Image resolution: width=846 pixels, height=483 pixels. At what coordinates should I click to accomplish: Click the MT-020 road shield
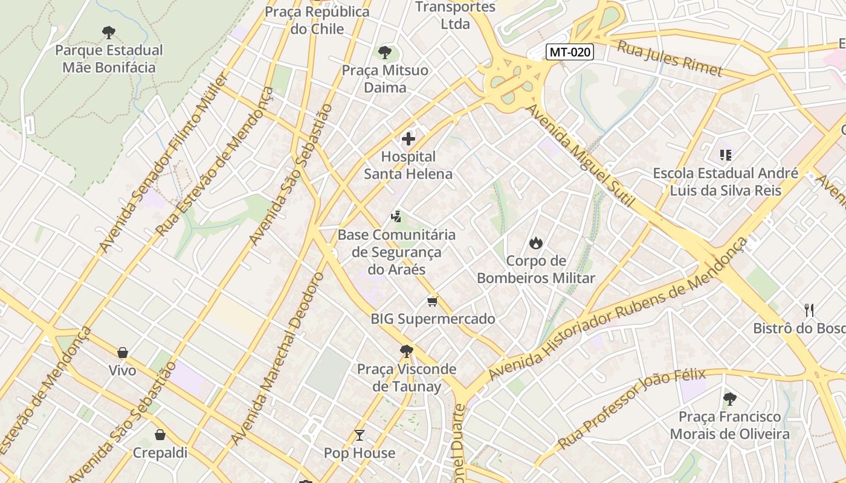click(x=570, y=53)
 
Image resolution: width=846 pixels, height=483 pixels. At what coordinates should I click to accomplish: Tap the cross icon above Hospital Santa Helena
click(x=408, y=139)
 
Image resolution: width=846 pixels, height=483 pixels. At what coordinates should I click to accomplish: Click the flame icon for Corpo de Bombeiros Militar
click(x=535, y=243)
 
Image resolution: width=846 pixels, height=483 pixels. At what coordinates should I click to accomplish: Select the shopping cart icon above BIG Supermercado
click(x=432, y=301)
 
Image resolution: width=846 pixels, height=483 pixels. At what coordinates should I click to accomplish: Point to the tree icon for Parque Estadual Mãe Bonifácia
click(x=109, y=32)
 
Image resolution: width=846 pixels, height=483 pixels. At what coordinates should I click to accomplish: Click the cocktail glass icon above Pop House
click(x=360, y=435)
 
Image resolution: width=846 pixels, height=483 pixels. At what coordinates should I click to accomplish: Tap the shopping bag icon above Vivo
click(x=123, y=353)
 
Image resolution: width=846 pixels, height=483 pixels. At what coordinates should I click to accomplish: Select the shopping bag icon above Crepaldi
click(x=160, y=435)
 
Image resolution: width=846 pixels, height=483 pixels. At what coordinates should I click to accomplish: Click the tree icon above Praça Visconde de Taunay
click(x=407, y=351)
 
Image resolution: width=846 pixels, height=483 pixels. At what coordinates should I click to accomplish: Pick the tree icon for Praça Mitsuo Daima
click(x=384, y=53)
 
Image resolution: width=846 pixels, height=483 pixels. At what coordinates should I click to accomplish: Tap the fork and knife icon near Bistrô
click(x=810, y=310)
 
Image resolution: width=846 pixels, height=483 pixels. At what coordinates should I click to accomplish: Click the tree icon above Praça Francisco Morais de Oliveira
click(x=729, y=398)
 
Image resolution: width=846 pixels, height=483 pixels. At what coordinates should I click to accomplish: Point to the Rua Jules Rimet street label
click(x=669, y=58)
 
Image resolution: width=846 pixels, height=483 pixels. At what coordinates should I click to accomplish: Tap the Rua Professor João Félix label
click(x=631, y=408)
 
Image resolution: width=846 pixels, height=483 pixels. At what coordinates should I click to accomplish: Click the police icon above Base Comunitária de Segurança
click(x=396, y=216)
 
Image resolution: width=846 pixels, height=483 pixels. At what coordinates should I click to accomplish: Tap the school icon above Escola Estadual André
click(x=726, y=155)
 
